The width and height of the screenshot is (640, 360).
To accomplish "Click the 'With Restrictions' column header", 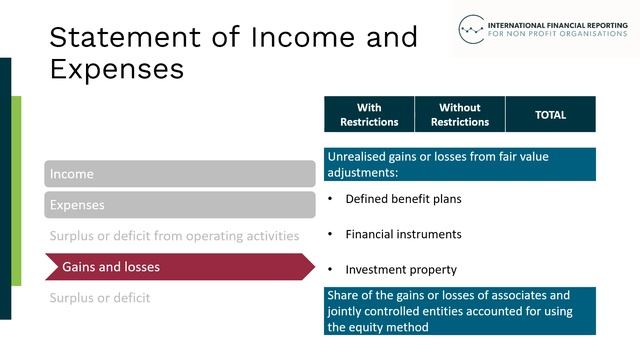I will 368,115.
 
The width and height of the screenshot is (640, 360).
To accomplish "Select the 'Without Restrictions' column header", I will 460,115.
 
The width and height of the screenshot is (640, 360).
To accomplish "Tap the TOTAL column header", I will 550,115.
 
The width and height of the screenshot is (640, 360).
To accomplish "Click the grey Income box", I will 180,174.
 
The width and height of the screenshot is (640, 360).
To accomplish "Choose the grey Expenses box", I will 180,205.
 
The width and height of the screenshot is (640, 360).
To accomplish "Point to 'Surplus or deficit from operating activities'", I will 175,236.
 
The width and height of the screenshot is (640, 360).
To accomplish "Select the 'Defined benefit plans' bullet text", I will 403,199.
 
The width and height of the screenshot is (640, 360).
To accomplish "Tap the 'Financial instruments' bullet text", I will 403,234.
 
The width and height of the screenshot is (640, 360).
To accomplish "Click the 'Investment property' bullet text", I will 401,270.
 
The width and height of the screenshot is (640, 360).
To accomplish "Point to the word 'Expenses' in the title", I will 116,69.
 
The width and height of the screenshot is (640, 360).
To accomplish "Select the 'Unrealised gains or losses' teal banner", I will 459,165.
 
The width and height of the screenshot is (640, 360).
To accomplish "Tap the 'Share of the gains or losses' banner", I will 459,311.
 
